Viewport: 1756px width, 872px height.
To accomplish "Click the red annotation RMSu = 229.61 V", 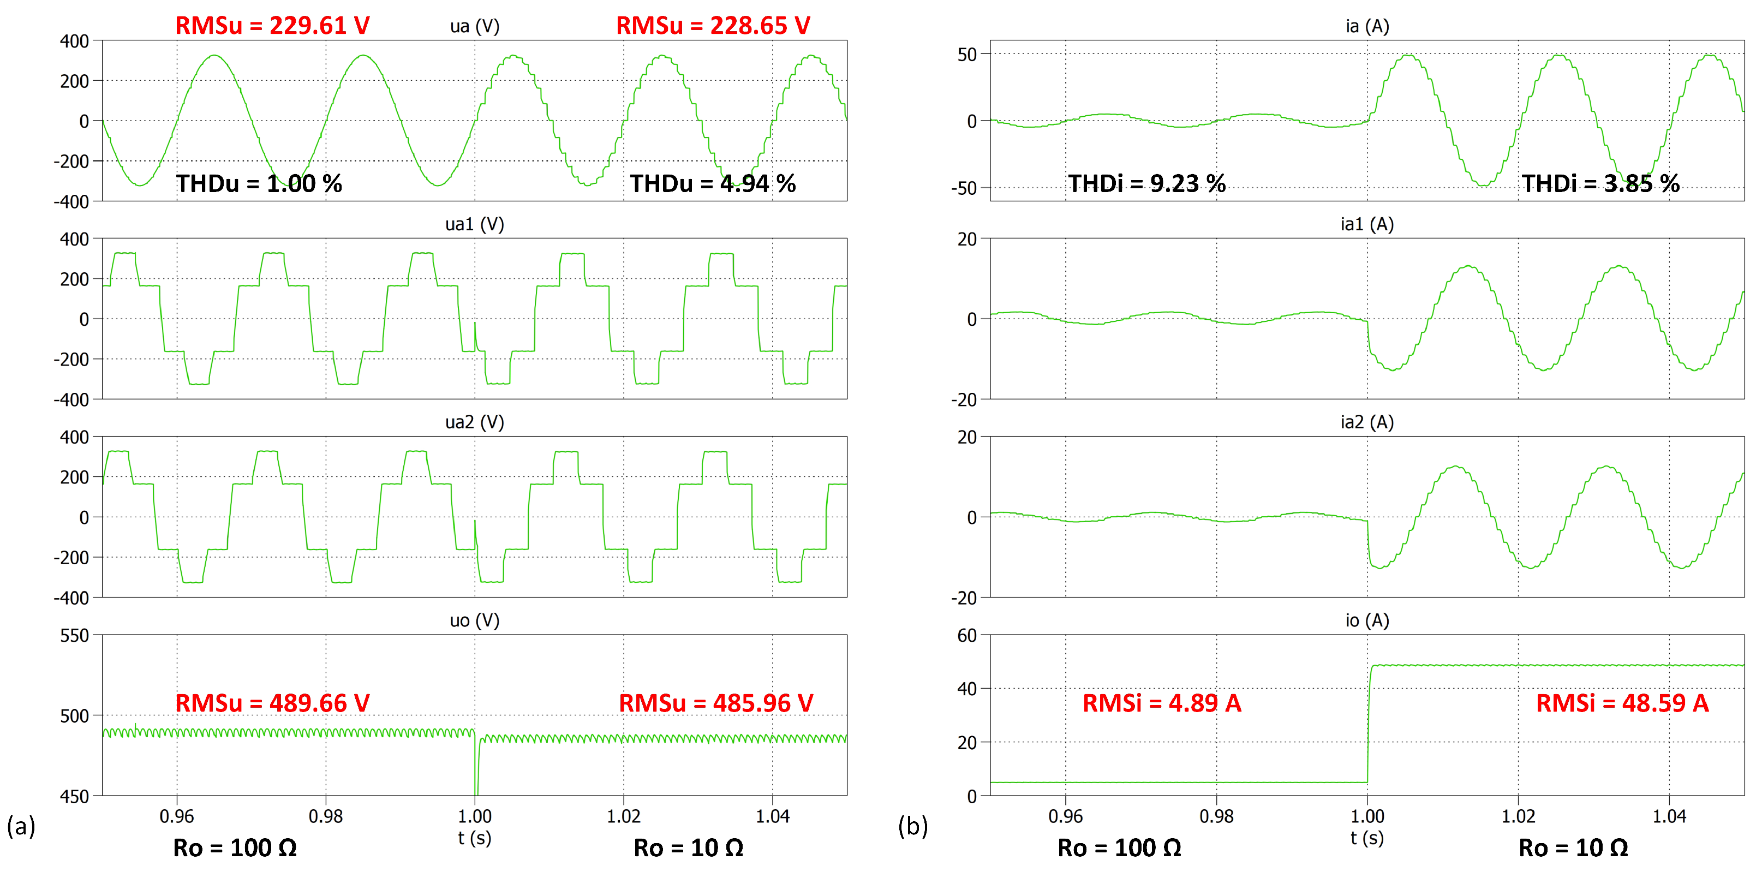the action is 272,25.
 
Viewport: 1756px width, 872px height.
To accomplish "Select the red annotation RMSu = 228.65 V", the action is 713,25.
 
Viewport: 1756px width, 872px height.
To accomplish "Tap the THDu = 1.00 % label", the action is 259,183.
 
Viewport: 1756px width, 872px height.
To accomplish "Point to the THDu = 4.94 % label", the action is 713,183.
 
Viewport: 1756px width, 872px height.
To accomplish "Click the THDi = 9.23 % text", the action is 1146,183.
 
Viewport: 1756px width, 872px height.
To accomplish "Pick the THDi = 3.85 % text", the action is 1600,183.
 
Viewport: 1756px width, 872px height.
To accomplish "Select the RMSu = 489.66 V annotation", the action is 272,703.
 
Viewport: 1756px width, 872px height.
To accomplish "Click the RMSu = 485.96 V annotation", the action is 716,703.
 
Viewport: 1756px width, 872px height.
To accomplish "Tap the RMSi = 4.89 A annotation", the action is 1162,703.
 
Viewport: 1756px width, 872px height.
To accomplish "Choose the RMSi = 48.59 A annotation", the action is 1622,703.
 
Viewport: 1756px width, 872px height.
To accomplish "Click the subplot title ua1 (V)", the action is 474,224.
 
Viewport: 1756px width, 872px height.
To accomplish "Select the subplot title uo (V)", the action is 474,620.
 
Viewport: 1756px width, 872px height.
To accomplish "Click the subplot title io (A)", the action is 1367,620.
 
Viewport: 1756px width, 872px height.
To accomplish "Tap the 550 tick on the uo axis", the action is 75,635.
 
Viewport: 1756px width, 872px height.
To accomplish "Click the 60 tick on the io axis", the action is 967,635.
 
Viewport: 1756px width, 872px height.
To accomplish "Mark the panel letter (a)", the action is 20,826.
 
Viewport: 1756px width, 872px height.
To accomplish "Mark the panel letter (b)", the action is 913,826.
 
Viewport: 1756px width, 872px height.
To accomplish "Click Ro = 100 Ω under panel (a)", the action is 235,847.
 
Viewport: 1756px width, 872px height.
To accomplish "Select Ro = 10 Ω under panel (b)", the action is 1573,847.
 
